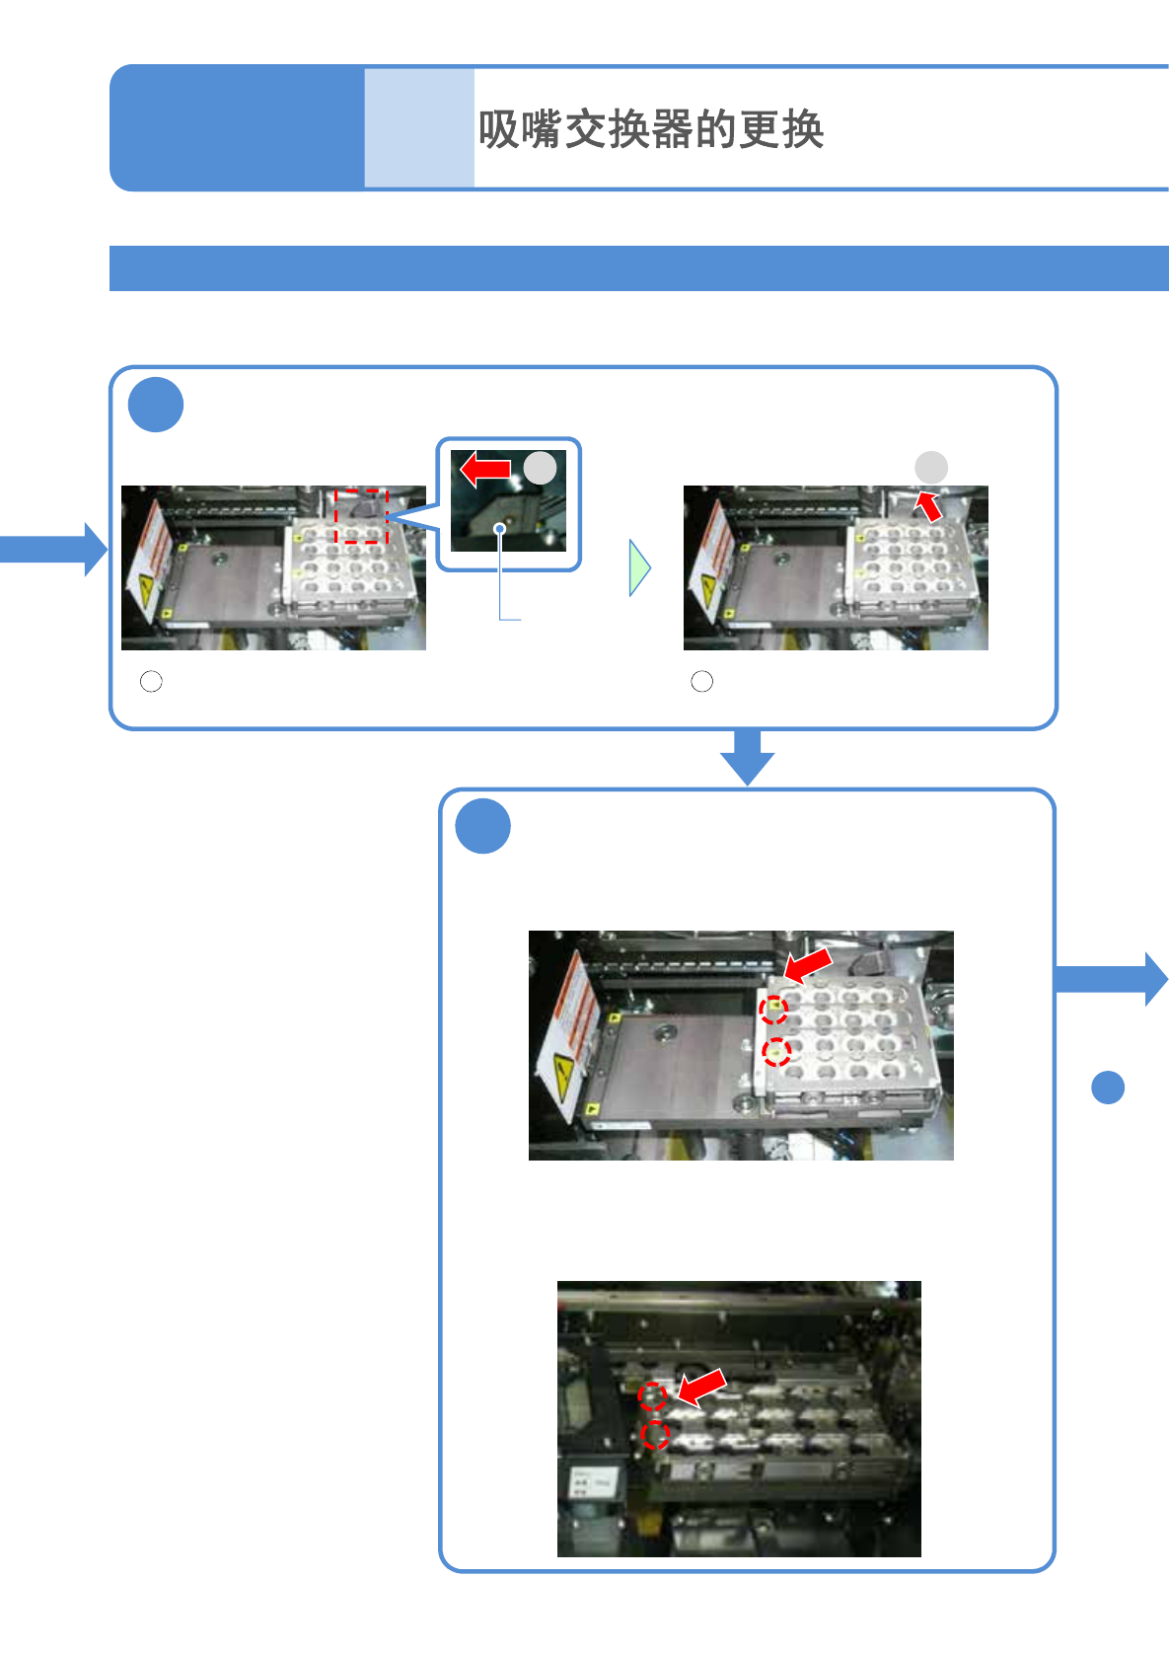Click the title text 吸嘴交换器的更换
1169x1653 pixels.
(x=650, y=129)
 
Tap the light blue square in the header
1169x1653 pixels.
(x=418, y=128)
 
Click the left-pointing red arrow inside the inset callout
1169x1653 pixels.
(x=485, y=469)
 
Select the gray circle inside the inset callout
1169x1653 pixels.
(x=540, y=468)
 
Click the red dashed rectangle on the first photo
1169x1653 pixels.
(x=361, y=515)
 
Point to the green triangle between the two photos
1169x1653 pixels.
(x=639, y=567)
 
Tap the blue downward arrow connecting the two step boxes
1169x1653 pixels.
(x=747, y=756)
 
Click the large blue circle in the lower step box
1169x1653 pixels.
(x=482, y=826)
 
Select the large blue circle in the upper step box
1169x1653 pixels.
(x=156, y=405)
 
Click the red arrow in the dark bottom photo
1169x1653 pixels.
(x=701, y=1388)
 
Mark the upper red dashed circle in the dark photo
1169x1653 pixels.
(x=651, y=1395)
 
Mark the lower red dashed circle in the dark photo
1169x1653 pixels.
(x=655, y=1435)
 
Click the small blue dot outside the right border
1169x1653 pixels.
(x=1108, y=1087)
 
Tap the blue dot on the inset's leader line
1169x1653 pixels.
(x=500, y=529)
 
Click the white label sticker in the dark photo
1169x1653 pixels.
(x=593, y=1481)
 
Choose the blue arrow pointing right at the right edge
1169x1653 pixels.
(x=1112, y=978)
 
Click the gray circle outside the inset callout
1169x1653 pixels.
(x=931, y=468)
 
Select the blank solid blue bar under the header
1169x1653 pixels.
(x=638, y=268)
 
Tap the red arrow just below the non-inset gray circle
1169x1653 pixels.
(x=928, y=505)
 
